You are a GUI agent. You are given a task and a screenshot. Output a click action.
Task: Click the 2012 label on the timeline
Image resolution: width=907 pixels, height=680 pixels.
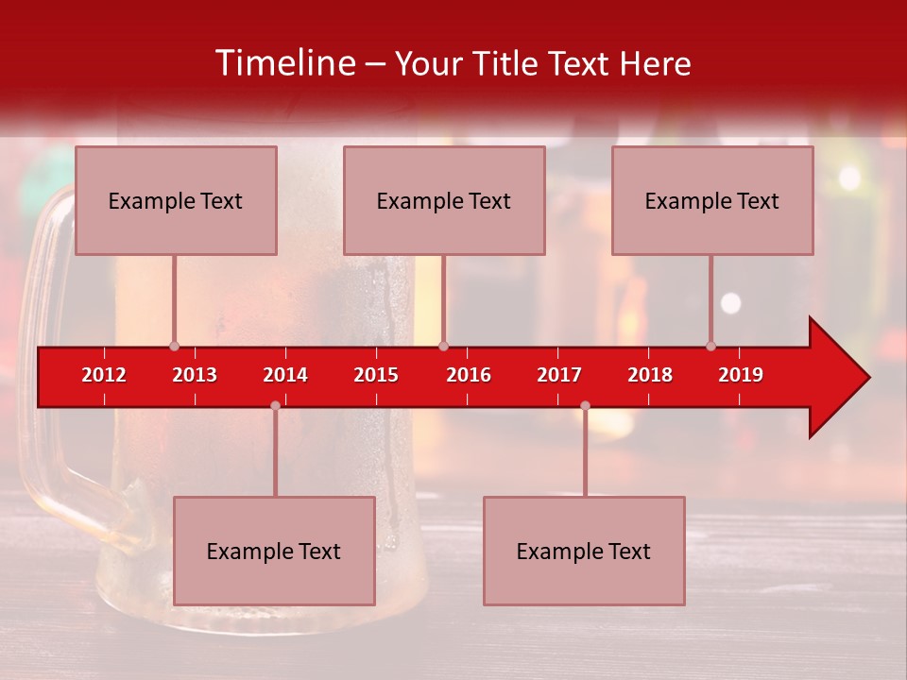(x=104, y=375)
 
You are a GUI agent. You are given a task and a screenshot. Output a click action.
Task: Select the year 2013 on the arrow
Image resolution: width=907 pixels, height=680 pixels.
(x=195, y=375)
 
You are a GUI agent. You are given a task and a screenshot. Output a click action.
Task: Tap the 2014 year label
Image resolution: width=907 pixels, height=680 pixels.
(x=285, y=375)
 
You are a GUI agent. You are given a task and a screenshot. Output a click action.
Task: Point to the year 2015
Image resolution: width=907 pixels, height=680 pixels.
(x=376, y=375)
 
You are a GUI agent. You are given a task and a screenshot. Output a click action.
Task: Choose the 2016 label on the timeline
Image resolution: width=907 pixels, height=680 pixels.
(x=469, y=375)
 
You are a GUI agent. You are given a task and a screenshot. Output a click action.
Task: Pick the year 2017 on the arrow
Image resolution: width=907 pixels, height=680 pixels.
(x=559, y=375)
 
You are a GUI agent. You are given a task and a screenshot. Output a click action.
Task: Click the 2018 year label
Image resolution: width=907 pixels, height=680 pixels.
(x=650, y=375)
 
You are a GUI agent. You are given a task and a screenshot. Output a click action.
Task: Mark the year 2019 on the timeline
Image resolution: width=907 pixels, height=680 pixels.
(x=741, y=375)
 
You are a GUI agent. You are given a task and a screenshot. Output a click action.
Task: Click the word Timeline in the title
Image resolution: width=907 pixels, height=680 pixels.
(x=284, y=63)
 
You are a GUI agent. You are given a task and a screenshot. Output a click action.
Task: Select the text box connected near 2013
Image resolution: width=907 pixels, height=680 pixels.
(x=176, y=200)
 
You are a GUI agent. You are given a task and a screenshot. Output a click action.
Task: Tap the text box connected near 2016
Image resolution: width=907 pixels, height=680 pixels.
(x=444, y=200)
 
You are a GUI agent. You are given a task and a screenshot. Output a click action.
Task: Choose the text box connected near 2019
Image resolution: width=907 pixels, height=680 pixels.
(x=712, y=200)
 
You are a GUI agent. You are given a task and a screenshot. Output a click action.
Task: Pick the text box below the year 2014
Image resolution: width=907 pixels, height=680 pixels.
(x=274, y=551)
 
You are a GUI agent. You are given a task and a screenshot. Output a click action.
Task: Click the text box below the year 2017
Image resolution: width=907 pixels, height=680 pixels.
(x=584, y=551)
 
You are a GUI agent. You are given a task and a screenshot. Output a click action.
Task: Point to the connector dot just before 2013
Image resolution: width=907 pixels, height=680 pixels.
(x=174, y=346)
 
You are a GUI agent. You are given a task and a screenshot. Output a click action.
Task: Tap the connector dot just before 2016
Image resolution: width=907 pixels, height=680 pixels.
(x=443, y=346)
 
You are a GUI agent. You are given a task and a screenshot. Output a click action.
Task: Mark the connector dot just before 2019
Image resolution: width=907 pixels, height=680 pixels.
(x=710, y=346)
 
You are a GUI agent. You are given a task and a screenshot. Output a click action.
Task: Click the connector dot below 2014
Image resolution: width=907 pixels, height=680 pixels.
(x=275, y=405)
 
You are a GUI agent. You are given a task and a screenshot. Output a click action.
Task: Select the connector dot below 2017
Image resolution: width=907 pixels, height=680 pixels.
(x=585, y=405)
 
